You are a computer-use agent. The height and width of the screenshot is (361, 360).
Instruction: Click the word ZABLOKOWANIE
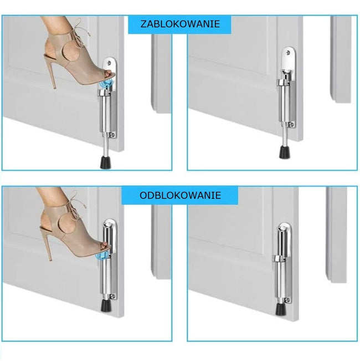(x=180, y=24)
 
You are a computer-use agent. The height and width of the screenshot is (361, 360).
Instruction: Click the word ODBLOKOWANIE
(x=180, y=195)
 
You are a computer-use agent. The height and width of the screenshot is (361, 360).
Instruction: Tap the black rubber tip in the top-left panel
(x=106, y=162)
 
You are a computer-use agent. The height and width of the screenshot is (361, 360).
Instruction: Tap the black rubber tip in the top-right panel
(x=285, y=152)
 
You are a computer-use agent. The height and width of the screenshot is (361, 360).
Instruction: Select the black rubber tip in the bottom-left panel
(x=106, y=306)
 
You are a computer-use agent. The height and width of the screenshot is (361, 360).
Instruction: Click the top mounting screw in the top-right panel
(x=288, y=53)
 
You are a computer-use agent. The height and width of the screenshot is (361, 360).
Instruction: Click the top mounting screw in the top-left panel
(x=109, y=63)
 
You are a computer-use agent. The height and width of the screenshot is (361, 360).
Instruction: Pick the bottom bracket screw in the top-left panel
(x=112, y=135)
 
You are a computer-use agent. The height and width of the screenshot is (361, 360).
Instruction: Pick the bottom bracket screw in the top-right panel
(x=291, y=125)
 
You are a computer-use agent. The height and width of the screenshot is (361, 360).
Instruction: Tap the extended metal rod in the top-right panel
(x=285, y=134)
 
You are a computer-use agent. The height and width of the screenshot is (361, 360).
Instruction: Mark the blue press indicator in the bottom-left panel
(x=103, y=256)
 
